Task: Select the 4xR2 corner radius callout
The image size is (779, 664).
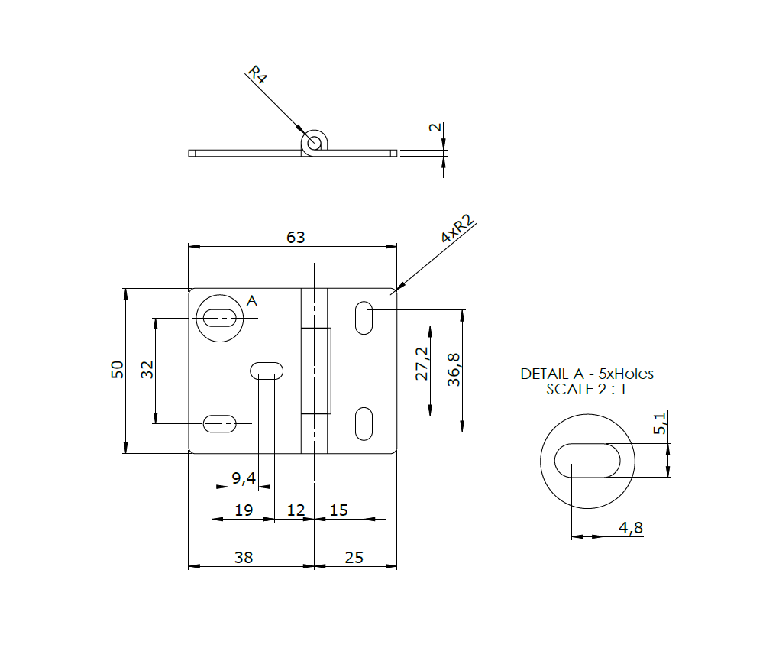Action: coord(457,229)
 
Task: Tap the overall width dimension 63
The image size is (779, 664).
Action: coord(296,237)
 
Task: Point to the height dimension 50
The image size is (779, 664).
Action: coord(117,370)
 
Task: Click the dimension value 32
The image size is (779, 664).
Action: coord(148,370)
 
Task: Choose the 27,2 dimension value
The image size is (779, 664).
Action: coord(421,364)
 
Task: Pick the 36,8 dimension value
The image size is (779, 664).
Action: coord(454,370)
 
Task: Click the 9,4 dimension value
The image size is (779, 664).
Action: coord(244,478)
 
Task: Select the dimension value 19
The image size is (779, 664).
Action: coord(244,510)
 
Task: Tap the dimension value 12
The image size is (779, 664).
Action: coord(295,510)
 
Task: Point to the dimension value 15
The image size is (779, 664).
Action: coord(338,510)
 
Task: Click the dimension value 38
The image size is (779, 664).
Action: coord(244,558)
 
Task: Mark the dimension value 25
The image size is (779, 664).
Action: coord(354,558)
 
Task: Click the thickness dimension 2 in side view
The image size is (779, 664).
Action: coord(436,128)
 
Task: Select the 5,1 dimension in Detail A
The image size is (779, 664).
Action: coord(661,423)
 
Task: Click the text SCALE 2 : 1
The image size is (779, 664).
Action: coord(587,389)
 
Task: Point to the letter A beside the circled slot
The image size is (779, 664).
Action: coord(252,302)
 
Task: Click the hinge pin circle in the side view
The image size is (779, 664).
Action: coord(312,142)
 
